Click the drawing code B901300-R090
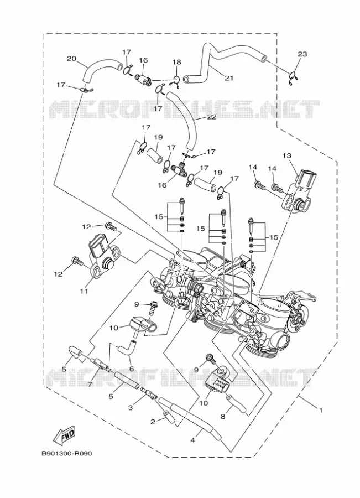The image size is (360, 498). click(x=67, y=454)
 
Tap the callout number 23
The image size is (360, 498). click(x=302, y=54)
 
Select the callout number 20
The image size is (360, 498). click(x=72, y=59)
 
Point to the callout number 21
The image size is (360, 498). click(x=228, y=78)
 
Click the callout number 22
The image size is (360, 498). click(x=211, y=117)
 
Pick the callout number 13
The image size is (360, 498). click(x=286, y=155)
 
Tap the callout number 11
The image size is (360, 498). click(x=84, y=290)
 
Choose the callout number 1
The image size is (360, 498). click(x=321, y=411)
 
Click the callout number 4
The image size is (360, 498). click(x=192, y=440)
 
